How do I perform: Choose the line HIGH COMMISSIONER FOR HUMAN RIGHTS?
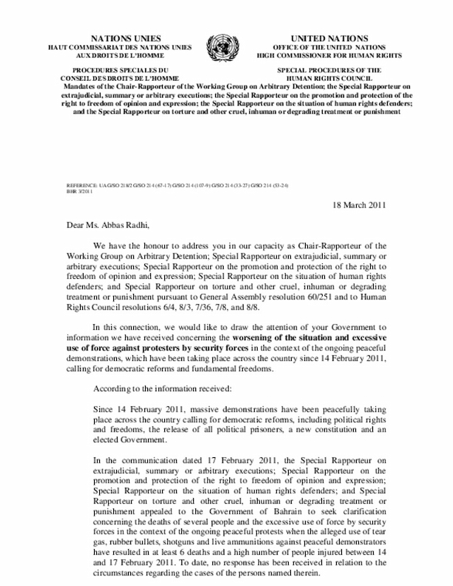coord(329,55)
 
